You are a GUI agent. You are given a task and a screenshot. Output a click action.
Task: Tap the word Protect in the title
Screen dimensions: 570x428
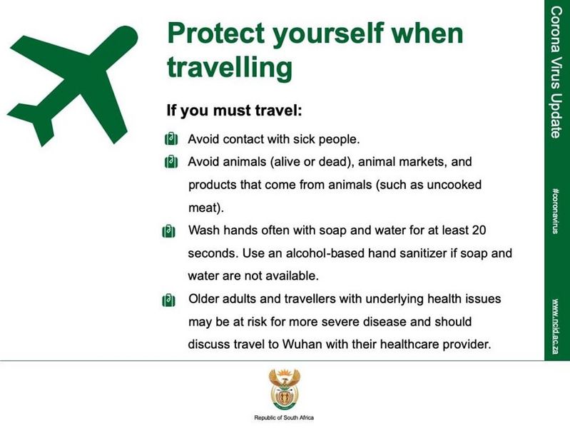[215, 33]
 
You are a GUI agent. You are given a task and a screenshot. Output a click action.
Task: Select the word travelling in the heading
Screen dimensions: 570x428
[230, 68]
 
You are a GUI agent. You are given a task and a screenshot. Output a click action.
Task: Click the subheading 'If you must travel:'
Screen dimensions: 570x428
[234, 110]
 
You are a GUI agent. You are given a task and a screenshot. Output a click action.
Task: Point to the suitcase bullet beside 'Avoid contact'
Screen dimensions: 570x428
[171, 139]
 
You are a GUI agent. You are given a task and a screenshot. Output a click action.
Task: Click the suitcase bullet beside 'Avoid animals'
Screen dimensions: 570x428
[171, 162]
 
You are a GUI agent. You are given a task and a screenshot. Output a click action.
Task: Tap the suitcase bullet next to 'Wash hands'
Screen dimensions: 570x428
[168, 231]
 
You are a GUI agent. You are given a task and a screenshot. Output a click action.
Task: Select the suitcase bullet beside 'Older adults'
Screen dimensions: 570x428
[168, 300]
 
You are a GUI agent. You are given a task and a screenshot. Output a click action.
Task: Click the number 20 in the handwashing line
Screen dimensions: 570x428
[478, 230]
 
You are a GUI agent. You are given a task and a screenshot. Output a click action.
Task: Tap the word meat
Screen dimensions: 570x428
[203, 208]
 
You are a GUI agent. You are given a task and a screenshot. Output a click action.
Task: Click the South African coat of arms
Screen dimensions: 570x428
[284, 389]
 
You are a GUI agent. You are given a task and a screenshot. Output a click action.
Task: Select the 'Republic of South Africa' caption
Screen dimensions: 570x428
[284, 418]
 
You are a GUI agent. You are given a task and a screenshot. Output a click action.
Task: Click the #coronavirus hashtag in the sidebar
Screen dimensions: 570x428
[555, 210]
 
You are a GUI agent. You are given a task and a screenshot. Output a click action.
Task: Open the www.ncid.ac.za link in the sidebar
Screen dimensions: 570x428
[555, 326]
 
